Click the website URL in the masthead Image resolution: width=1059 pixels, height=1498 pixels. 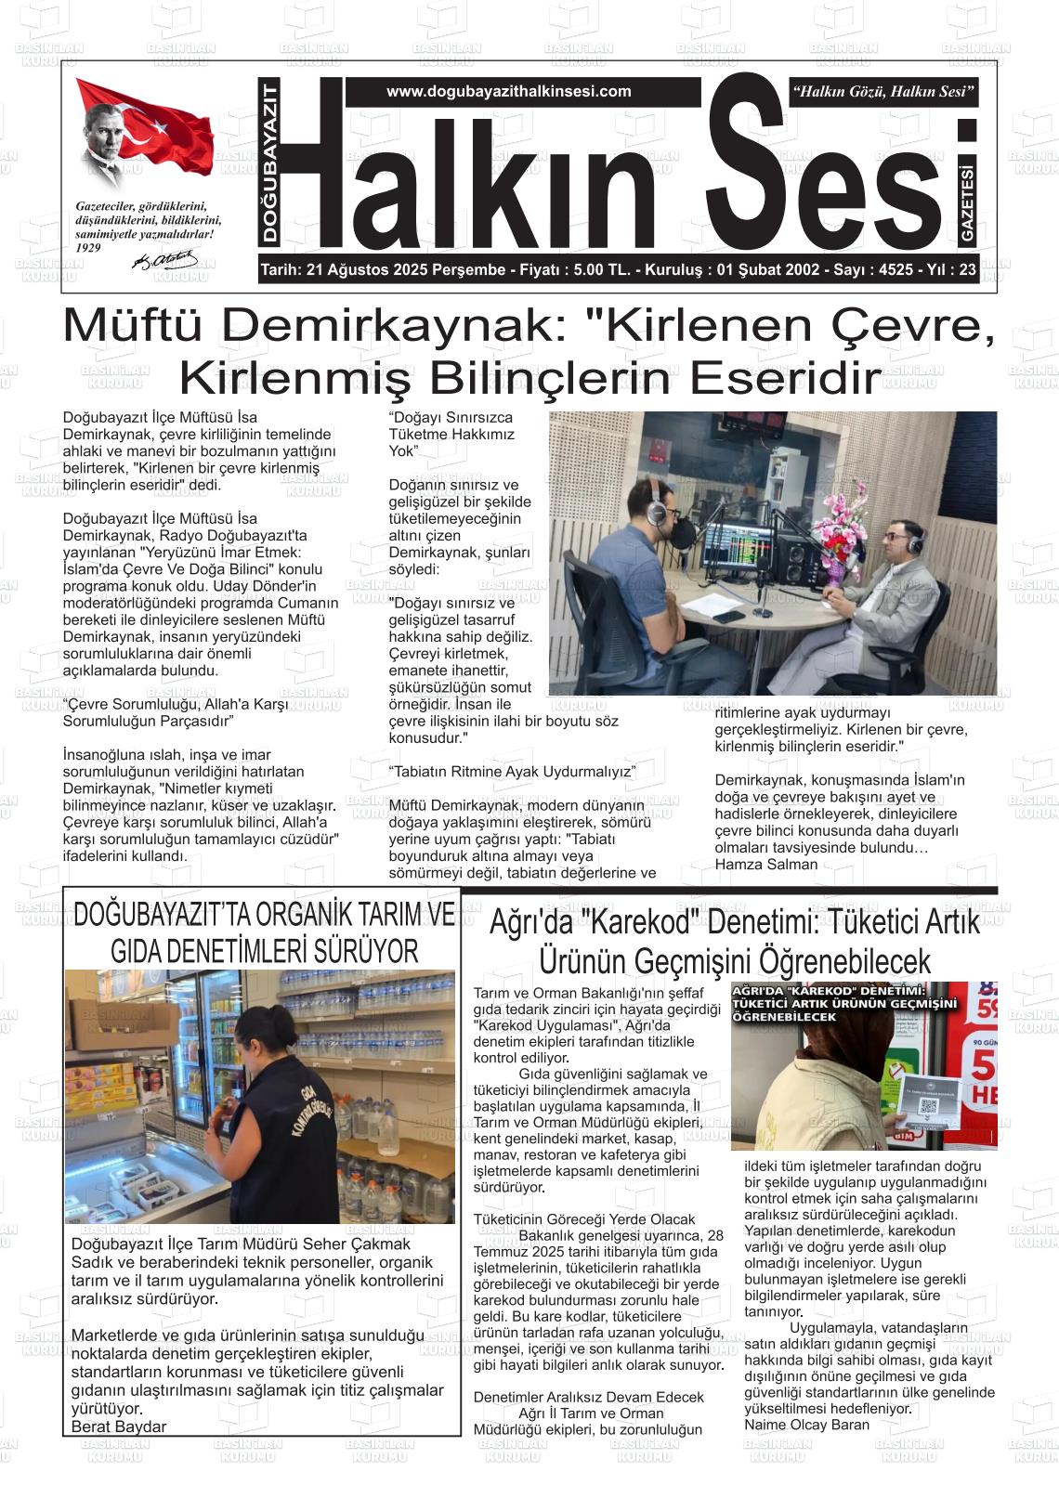508,91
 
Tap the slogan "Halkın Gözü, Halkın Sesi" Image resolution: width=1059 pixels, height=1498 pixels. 882,91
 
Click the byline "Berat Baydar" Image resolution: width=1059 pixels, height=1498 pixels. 119,1426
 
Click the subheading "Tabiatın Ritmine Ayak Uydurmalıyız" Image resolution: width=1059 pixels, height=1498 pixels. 512,772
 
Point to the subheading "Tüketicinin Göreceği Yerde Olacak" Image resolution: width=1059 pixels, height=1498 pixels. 583,1219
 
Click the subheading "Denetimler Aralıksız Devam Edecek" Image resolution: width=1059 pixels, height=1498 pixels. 588,1397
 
